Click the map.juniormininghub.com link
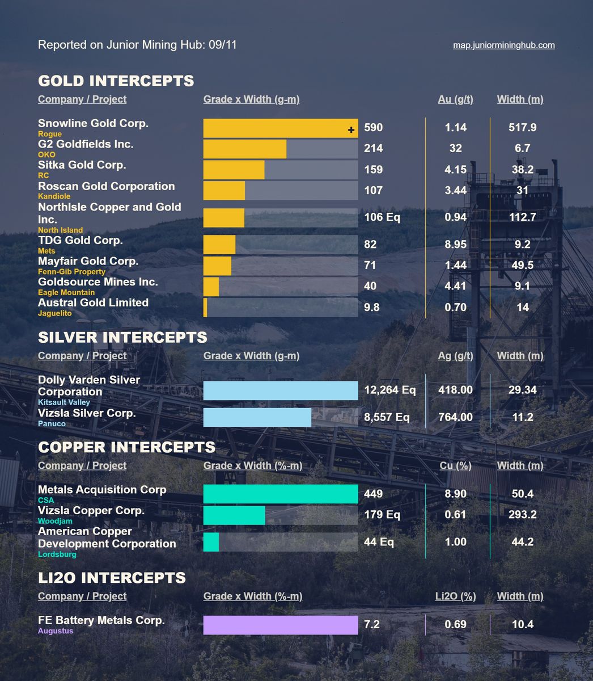pyautogui.click(x=503, y=45)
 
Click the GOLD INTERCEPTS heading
pyautogui.click(x=116, y=81)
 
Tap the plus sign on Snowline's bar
pyautogui.click(x=351, y=130)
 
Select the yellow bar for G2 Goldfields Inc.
pyautogui.click(x=244, y=149)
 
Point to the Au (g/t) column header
pyautogui.click(x=455, y=99)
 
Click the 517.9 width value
pyautogui.click(x=522, y=128)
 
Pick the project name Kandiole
pyautogui.click(x=54, y=196)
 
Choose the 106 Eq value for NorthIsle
pyautogui.click(x=382, y=217)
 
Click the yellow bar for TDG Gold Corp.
pyautogui.click(x=219, y=245)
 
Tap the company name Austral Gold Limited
pyautogui.click(x=93, y=302)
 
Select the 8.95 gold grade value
pyautogui.click(x=455, y=245)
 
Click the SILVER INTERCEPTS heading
pyautogui.click(x=122, y=337)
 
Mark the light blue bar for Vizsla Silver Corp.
pyautogui.click(x=257, y=417)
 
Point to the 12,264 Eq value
pyautogui.click(x=389, y=390)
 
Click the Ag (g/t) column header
pyautogui.click(x=455, y=356)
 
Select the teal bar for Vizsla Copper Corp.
pyautogui.click(x=234, y=515)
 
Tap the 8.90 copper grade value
pyautogui.click(x=455, y=494)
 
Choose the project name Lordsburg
pyautogui.click(x=57, y=554)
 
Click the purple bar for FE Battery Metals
pyautogui.click(x=281, y=625)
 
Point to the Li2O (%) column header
pyautogui.click(x=455, y=596)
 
